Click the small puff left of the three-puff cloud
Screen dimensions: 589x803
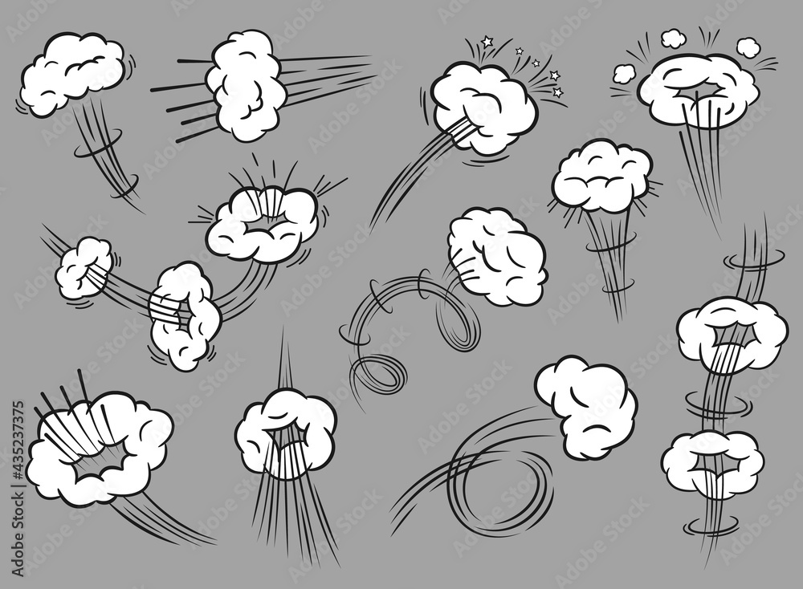[x=624, y=74]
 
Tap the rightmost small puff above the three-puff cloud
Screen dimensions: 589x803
[x=748, y=47]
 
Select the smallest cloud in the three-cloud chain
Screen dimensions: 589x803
[x=84, y=268]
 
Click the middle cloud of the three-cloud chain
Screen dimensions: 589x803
[x=185, y=315]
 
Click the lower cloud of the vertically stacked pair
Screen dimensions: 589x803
[x=711, y=464]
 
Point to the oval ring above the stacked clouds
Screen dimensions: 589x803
[x=754, y=258]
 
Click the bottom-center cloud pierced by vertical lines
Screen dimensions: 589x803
[x=286, y=433]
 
